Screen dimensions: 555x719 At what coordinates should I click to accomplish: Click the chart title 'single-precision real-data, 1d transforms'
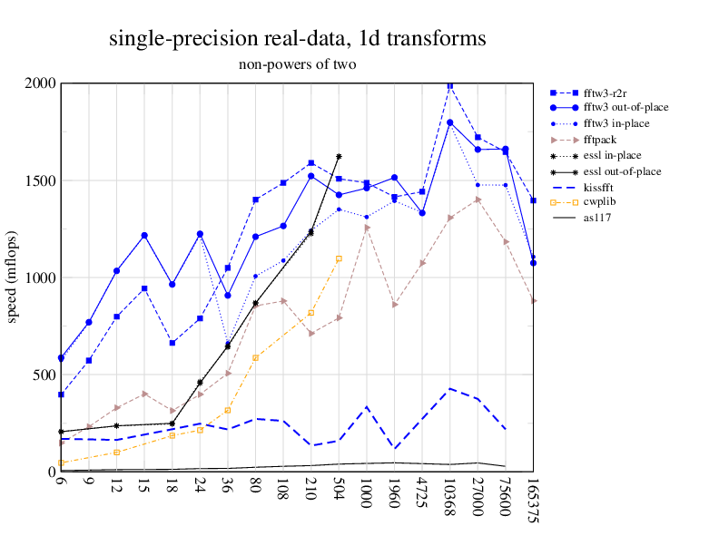(x=297, y=39)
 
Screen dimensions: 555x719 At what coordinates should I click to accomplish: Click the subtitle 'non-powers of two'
(x=297, y=64)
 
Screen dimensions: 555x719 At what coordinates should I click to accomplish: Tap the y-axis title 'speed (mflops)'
(x=13, y=277)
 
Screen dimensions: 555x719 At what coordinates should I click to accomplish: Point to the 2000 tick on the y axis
(x=41, y=83)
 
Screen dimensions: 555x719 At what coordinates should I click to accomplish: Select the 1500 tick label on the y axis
(x=41, y=180)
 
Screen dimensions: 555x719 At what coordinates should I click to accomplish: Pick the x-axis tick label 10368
(x=449, y=498)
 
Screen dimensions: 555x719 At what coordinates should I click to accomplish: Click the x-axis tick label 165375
(x=534, y=501)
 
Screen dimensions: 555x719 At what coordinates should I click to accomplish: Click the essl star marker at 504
(x=339, y=157)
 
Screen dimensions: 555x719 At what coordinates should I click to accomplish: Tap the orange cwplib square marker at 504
(x=339, y=258)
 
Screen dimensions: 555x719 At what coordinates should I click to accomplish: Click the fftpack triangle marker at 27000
(x=478, y=200)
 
